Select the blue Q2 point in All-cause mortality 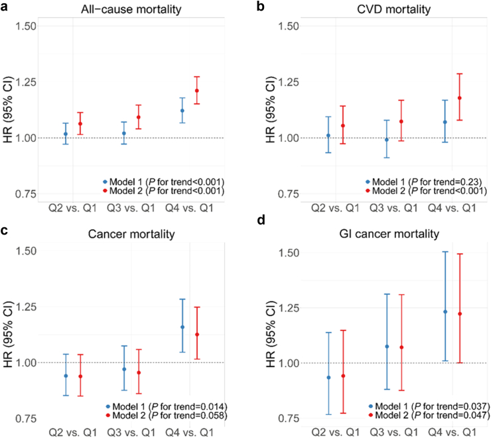pyautogui.click(x=65, y=134)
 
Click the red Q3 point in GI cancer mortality pyautogui.click(x=401, y=347)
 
